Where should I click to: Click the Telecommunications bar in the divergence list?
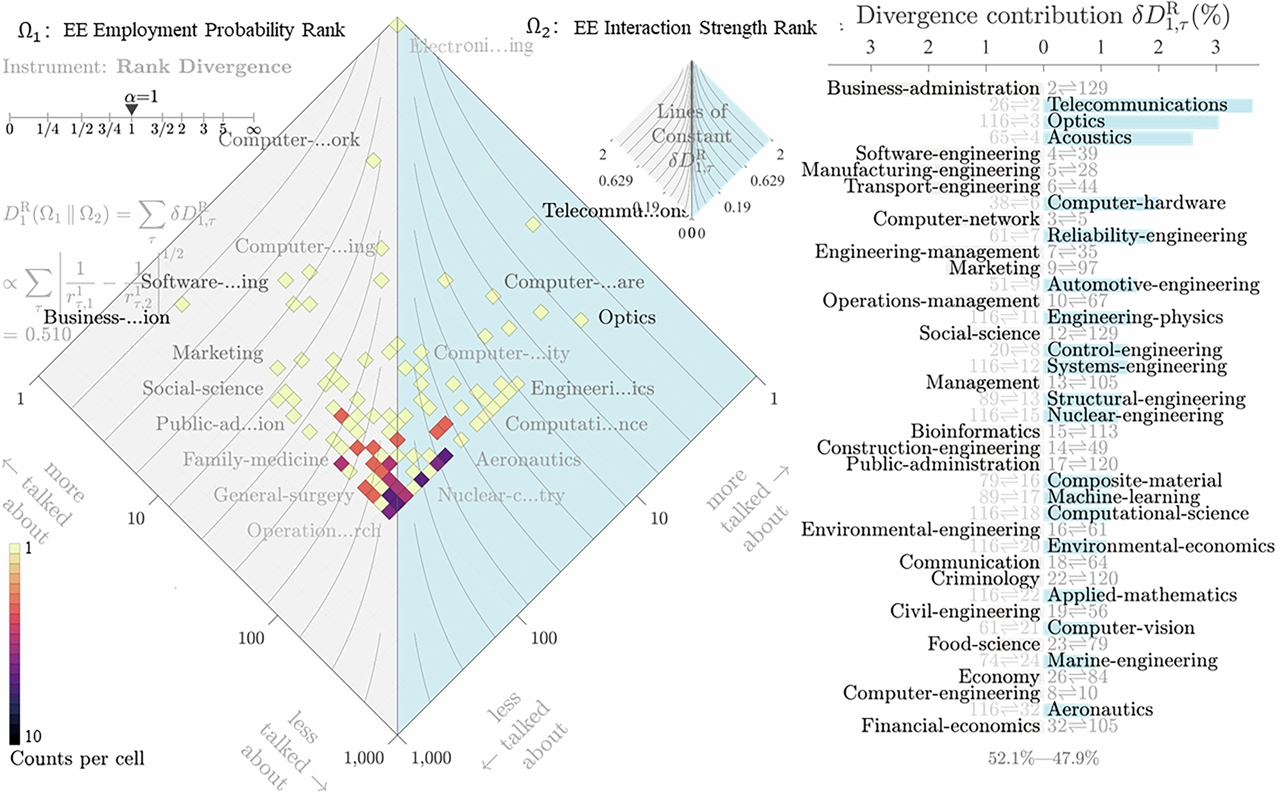(x=1149, y=105)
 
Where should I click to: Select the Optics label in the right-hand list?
(x=1076, y=121)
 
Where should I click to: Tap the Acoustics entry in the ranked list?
(x=1089, y=137)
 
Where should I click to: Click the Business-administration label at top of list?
(x=932, y=88)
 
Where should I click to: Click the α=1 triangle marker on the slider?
(x=132, y=110)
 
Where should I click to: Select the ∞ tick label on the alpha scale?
(x=253, y=129)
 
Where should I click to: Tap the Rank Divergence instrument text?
(x=203, y=67)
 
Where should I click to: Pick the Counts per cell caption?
(x=77, y=758)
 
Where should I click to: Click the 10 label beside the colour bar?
(x=33, y=736)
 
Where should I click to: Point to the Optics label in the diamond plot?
(x=626, y=318)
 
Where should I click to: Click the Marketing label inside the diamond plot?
(x=218, y=353)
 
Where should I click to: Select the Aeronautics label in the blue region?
(x=528, y=459)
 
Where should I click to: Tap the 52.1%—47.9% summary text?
(x=1043, y=758)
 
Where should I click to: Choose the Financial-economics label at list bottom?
(x=950, y=726)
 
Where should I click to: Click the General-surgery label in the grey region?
(x=284, y=495)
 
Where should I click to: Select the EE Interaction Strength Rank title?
(x=694, y=28)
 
